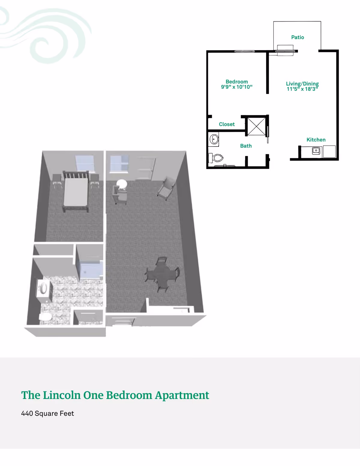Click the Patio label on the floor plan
[x=298, y=37]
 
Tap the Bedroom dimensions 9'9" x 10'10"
[x=237, y=87]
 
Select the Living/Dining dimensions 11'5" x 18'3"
[x=302, y=89]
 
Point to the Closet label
[x=226, y=124]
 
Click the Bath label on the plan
[x=246, y=146]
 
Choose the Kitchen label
[x=316, y=140]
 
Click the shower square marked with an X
[x=256, y=126]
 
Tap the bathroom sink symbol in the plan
[x=214, y=139]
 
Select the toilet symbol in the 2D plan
[x=216, y=158]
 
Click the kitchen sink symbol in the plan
[x=316, y=150]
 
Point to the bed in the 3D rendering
[x=76, y=191]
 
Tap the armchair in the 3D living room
[x=166, y=188]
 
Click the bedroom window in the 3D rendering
[x=85, y=164]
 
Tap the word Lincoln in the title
[x=62, y=395]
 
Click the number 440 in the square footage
[x=27, y=413]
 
